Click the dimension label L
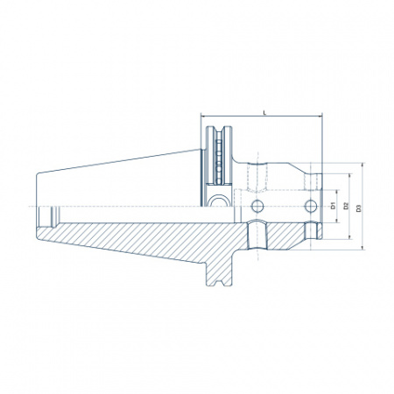point(264,112)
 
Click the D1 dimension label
point(333,206)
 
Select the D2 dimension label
point(346,206)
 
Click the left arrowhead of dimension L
point(203,116)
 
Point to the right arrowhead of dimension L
point(320,116)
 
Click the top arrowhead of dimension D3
point(362,165)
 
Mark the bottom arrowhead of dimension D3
point(362,248)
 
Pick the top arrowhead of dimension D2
point(350,176)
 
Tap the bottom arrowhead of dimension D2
point(350,237)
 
